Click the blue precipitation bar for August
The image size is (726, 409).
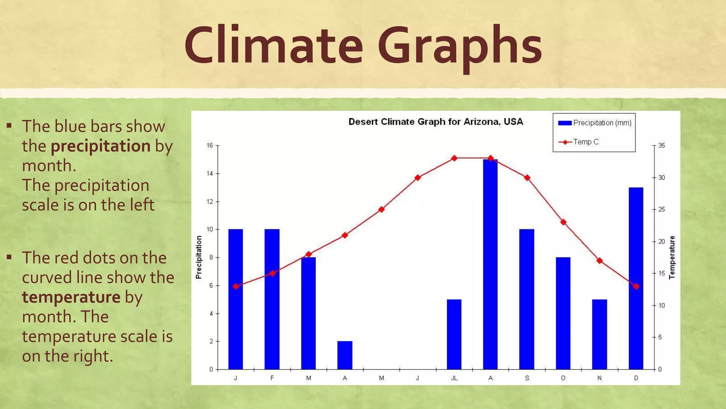pyautogui.click(x=490, y=265)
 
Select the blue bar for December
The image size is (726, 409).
pyautogui.click(x=636, y=278)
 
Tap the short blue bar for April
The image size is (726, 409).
pyautogui.click(x=345, y=355)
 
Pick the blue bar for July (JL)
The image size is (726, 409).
pyautogui.click(x=454, y=334)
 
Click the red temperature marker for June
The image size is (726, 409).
pyautogui.click(x=418, y=178)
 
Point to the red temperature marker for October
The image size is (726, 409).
pyautogui.click(x=563, y=222)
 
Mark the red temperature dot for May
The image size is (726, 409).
pyautogui.click(x=381, y=209)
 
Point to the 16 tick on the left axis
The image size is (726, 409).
pyautogui.click(x=210, y=146)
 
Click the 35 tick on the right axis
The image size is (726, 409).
pyautogui.click(x=661, y=146)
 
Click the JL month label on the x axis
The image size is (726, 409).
pyautogui.click(x=454, y=378)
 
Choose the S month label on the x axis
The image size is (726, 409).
pyautogui.click(x=527, y=378)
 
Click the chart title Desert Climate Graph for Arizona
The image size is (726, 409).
pyautogui.click(x=436, y=122)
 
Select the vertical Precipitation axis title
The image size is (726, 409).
pyautogui.click(x=199, y=257)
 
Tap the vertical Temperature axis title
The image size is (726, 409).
pyautogui.click(x=672, y=257)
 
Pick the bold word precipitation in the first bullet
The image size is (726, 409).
pyautogui.click(x=101, y=146)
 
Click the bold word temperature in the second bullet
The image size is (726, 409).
pyautogui.click(x=71, y=297)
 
